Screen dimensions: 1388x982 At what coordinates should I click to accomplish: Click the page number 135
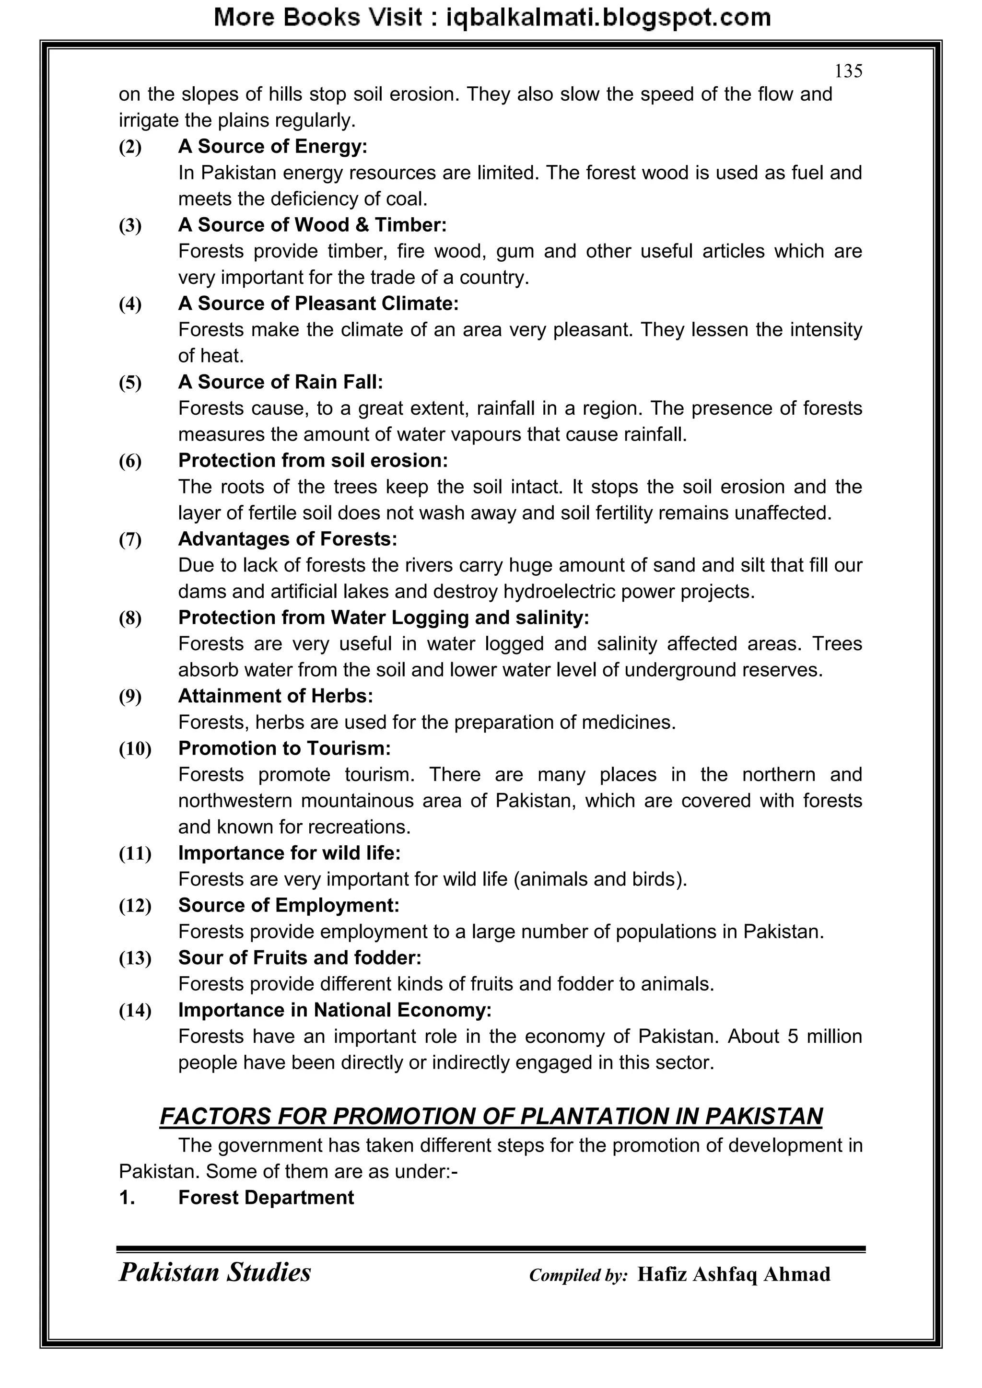tap(848, 72)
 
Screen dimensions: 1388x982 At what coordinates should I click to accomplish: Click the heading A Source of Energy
tap(273, 146)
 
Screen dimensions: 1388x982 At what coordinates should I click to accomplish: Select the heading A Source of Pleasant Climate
tap(318, 303)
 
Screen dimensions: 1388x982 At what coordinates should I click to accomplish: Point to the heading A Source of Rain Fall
tap(281, 382)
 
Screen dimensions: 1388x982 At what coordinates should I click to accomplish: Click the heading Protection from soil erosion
tap(313, 461)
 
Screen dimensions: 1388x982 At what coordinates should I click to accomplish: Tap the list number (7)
tap(130, 539)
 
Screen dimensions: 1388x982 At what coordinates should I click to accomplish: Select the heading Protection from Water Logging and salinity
tap(384, 618)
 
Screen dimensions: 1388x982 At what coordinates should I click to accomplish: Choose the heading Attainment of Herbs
tap(275, 697)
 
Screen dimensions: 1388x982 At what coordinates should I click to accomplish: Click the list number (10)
tap(134, 749)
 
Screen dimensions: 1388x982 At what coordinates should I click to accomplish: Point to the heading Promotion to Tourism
tap(284, 748)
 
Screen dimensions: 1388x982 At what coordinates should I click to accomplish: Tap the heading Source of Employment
tap(289, 906)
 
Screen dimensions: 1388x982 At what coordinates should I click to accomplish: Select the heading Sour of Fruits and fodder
tap(299, 958)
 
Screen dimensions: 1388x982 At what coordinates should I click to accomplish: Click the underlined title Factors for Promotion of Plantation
tap(491, 1117)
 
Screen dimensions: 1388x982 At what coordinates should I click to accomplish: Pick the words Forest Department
tap(266, 1198)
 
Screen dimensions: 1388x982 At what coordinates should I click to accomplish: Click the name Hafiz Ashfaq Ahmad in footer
tap(734, 1274)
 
